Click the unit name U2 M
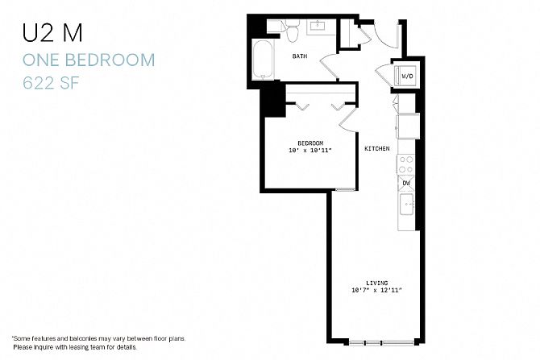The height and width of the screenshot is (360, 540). click(52, 33)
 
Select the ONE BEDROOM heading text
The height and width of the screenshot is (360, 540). click(89, 60)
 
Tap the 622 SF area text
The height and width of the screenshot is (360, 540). click(51, 83)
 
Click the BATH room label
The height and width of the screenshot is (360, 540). click(300, 56)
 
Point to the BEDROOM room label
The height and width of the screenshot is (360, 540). click(310, 143)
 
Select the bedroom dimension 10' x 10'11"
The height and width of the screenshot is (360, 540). click(310, 151)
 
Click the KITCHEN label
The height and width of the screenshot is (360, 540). click(377, 149)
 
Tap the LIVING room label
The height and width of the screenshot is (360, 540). click(376, 283)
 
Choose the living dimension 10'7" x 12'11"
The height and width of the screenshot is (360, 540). click(376, 290)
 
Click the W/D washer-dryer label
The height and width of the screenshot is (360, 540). click(407, 76)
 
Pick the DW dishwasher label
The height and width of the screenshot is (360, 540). click(406, 183)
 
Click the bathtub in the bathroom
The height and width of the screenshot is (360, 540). click(263, 60)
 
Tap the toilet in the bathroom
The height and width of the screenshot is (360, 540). click(293, 30)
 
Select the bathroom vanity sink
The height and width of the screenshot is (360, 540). click(318, 26)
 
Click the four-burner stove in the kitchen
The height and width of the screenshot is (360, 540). click(406, 164)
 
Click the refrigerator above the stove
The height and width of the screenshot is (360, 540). click(408, 126)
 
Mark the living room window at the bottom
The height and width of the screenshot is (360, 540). click(381, 342)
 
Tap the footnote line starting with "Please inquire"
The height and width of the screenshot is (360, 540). click(75, 347)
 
